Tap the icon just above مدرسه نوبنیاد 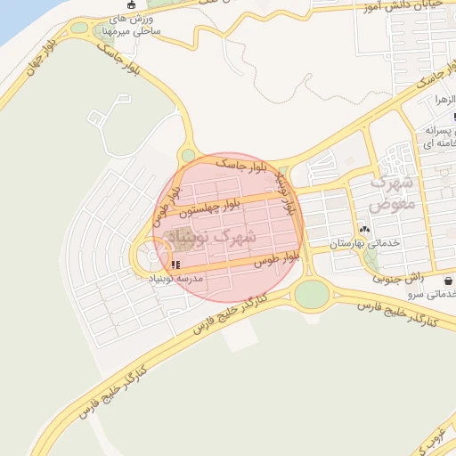(175, 265)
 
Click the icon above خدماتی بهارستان (363, 228)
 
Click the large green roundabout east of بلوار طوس (311, 294)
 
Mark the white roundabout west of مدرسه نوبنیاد (153, 257)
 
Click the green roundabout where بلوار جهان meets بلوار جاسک (188, 156)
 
